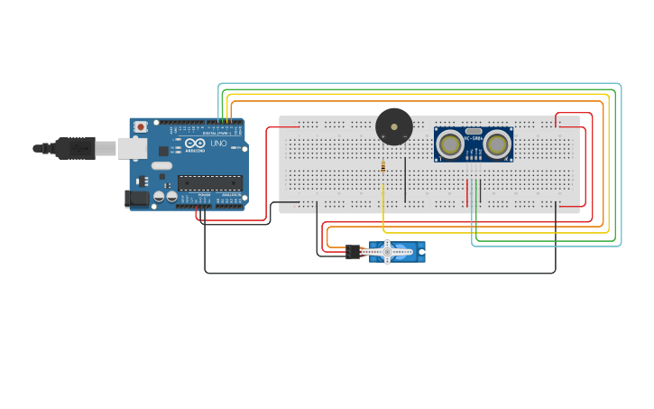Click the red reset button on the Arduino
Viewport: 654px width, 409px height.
[x=140, y=127]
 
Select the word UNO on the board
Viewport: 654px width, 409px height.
[x=218, y=144]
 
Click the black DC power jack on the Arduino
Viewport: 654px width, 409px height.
[x=136, y=199]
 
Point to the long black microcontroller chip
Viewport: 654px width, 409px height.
[x=209, y=182]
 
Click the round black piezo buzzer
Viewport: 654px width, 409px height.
[x=393, y=125]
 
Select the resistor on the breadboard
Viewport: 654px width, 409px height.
[x=384, y=167]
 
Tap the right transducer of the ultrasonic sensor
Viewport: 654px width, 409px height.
[x=496, y=144]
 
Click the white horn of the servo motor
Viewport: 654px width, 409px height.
[x=388, y=252]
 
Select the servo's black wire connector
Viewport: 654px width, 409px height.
[x=353, y=253]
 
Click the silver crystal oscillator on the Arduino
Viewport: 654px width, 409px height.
[x=161, y=165]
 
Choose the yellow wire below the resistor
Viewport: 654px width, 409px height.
[x=384, y=212]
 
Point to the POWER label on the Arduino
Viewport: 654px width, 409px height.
[x=205, y=194]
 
